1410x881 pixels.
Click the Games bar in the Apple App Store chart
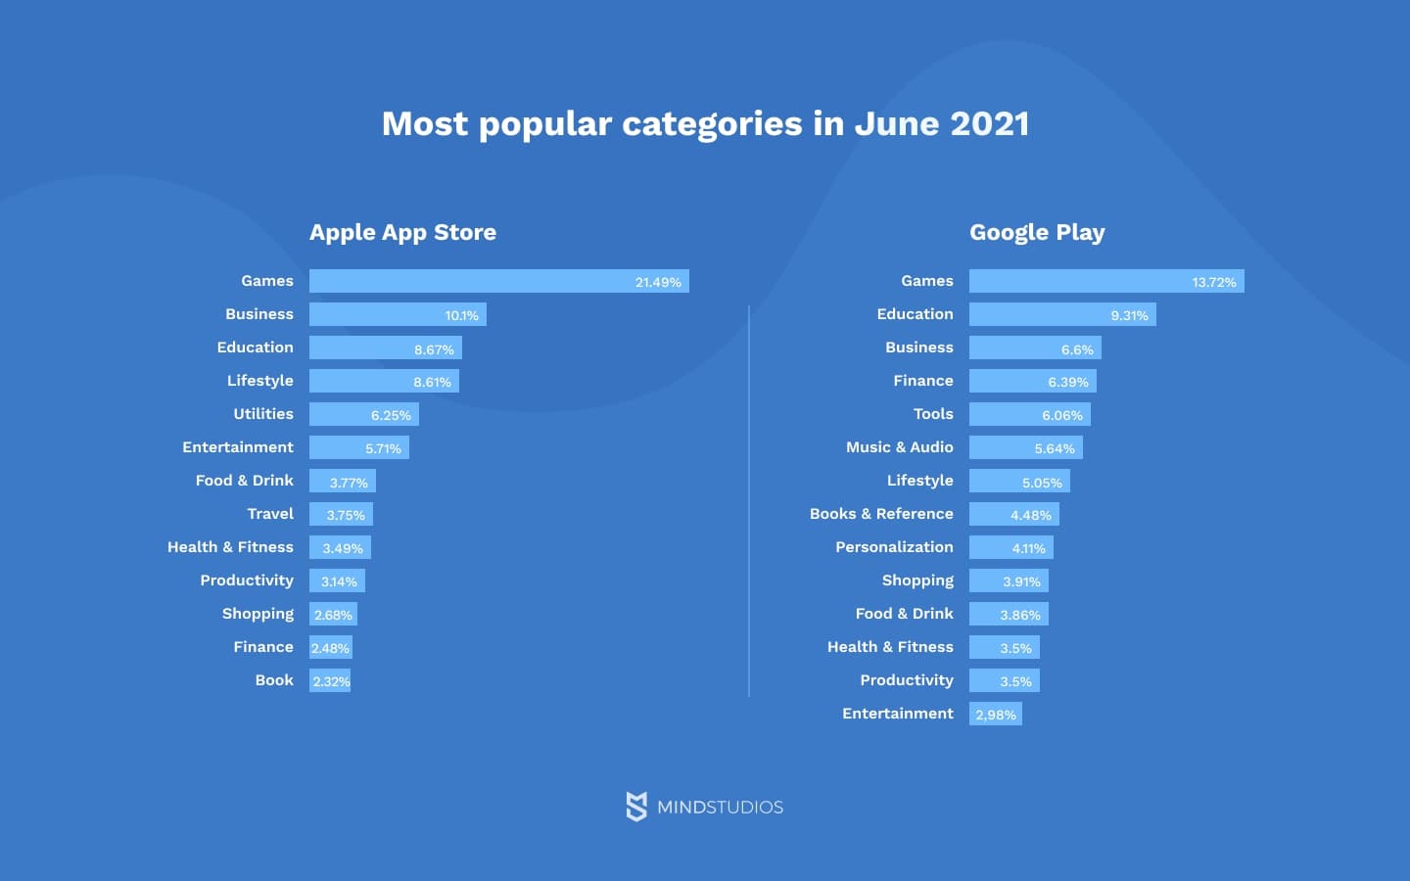click(498, 281)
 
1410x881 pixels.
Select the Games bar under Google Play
click(1106, 281)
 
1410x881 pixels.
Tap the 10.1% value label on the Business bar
click(461, 315)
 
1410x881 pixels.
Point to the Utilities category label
click(262, 414)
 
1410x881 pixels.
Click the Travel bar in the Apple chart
click(341, 514)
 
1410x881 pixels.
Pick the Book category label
click(274, 680)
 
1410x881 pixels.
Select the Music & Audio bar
click(1025, 447)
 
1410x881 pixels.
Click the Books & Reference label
click(881, 514)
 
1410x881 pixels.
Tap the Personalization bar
click(1010, 547)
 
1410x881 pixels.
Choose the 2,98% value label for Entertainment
click(996, 715)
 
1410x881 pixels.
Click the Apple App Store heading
click(402, 232)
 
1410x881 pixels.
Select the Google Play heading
click(1037, 232)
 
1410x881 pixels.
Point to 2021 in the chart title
click(990, 123)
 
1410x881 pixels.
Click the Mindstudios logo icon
click(636, 807)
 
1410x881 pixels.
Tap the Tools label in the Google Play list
click(933, 414)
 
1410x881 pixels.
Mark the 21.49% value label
click(658, 282)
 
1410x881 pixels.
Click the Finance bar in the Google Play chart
click(1032, 381)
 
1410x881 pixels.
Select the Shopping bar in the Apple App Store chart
click(333, 614)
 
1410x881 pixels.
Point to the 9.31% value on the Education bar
click(1129, 315)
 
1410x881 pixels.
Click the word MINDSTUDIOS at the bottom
click(720, 808)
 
